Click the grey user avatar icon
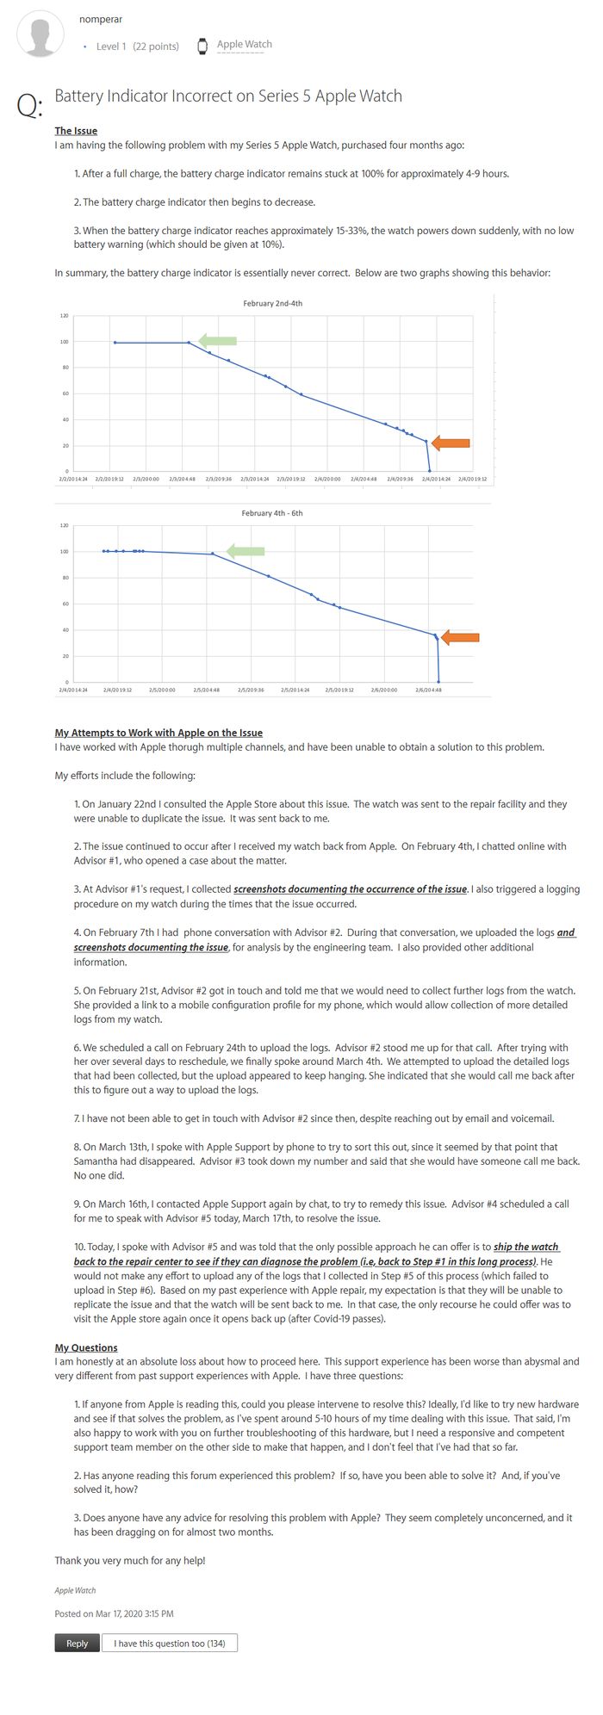[x=40, y=34]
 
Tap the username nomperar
[x=101, y=19]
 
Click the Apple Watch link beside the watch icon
[x=244, y=45]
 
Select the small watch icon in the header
[x=202, y=46]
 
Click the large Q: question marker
[x=28, y=105]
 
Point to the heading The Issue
[x=76, y=131]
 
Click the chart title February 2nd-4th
[x=272, y=304]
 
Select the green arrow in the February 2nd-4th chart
[x=217, y=340]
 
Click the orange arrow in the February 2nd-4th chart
[x=451, y=443]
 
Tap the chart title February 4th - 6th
[x=272, y=513]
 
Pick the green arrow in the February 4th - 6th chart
[x=245, y=551]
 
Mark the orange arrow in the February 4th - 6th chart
[x=459, y=638]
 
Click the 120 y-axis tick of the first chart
[x=64, y=316]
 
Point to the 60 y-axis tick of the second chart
[x=64, y=604]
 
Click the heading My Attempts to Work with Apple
[x=159, y=733]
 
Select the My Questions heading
[x=86, y=1347]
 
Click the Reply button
[x=77, y=1643]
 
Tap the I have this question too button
[x=170, y=1643]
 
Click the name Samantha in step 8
[x=96, y=1161]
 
